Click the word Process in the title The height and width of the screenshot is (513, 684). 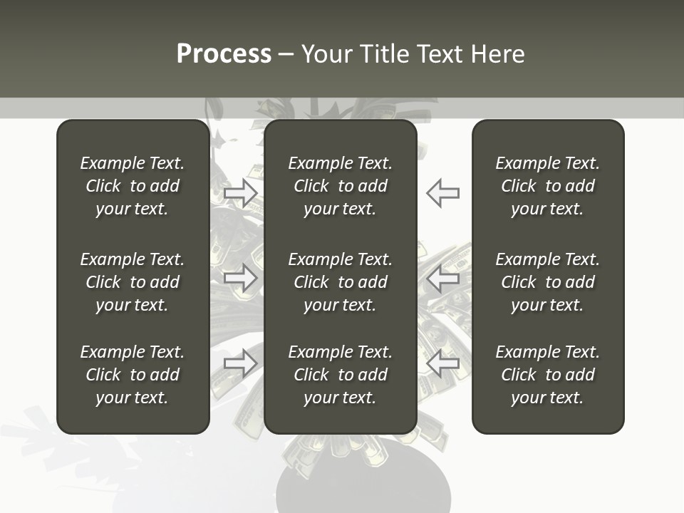(224, 54)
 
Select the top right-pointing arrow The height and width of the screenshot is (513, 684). (240, 192)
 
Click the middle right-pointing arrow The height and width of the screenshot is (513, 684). (240, 278)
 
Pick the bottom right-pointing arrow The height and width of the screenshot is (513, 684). (240, 363)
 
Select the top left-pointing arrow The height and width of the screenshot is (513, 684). (443, 192)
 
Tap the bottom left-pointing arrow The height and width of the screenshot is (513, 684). (443, 363)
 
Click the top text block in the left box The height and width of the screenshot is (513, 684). (133, 186)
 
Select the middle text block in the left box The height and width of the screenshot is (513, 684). (133, 282)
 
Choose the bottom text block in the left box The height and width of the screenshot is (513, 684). (133, 375)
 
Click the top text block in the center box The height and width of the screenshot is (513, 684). (341, 186)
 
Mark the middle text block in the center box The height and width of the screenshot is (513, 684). (341, 282)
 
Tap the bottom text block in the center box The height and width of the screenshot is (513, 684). (341, 375)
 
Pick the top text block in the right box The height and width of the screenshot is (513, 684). (548, 186)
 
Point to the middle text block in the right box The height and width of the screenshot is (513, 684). (548, 282)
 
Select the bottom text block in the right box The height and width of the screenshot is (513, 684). (548, 375)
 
